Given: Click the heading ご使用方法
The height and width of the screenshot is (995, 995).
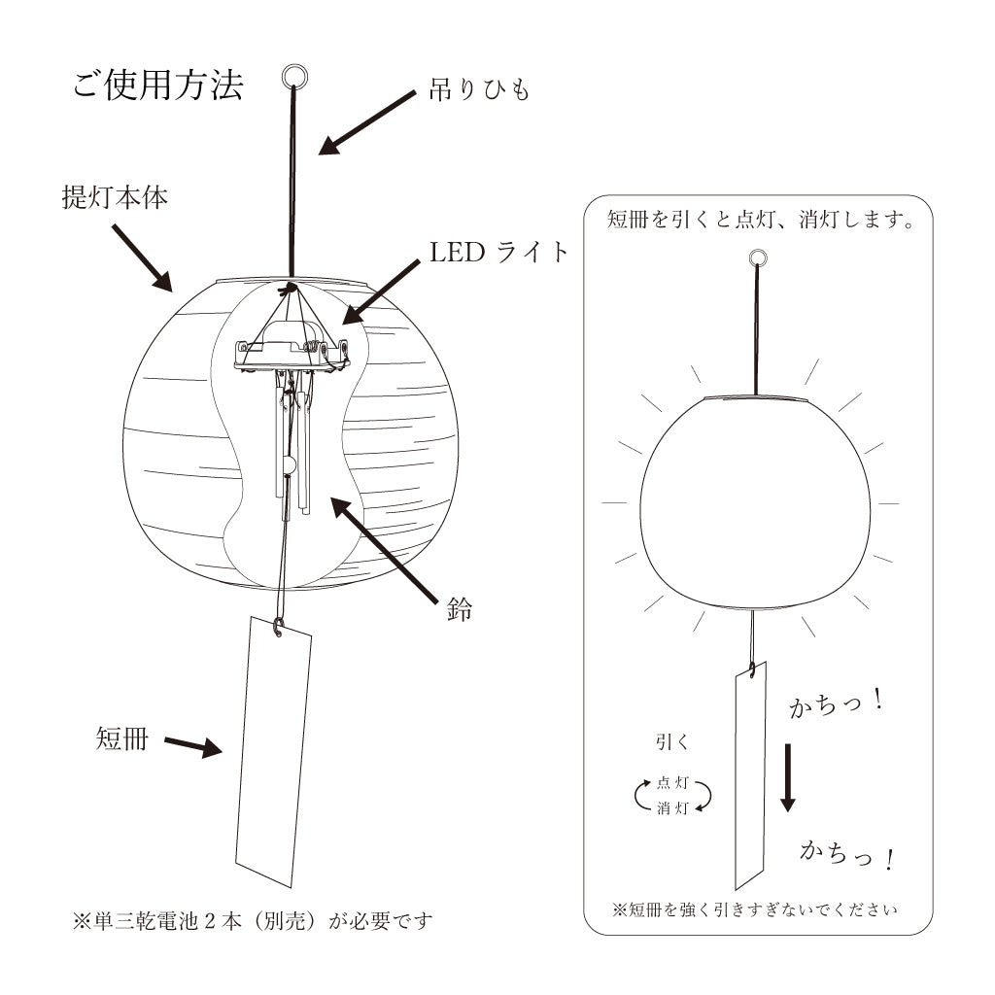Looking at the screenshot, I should (x=157, y=86).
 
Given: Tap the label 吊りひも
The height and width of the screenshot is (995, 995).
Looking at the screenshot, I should (x=480, y=91).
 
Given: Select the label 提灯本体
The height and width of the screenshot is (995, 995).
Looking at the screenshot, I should (x=115, y=198).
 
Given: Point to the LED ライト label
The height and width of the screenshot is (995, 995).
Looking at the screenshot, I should (x=499, y=253).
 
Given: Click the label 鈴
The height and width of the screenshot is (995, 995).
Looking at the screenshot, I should (x=461, y=611).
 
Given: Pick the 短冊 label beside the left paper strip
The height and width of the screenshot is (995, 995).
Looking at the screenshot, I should (x=122, y=738).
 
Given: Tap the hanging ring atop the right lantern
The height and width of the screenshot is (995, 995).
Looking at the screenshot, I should (x=758, y=258).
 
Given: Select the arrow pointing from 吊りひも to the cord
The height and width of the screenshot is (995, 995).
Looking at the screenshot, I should (x=368, y=121).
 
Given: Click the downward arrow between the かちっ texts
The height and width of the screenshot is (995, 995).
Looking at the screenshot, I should (x=788, y=777).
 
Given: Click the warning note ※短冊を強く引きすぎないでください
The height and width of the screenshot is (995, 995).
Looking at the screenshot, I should (x=756, y=909).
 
